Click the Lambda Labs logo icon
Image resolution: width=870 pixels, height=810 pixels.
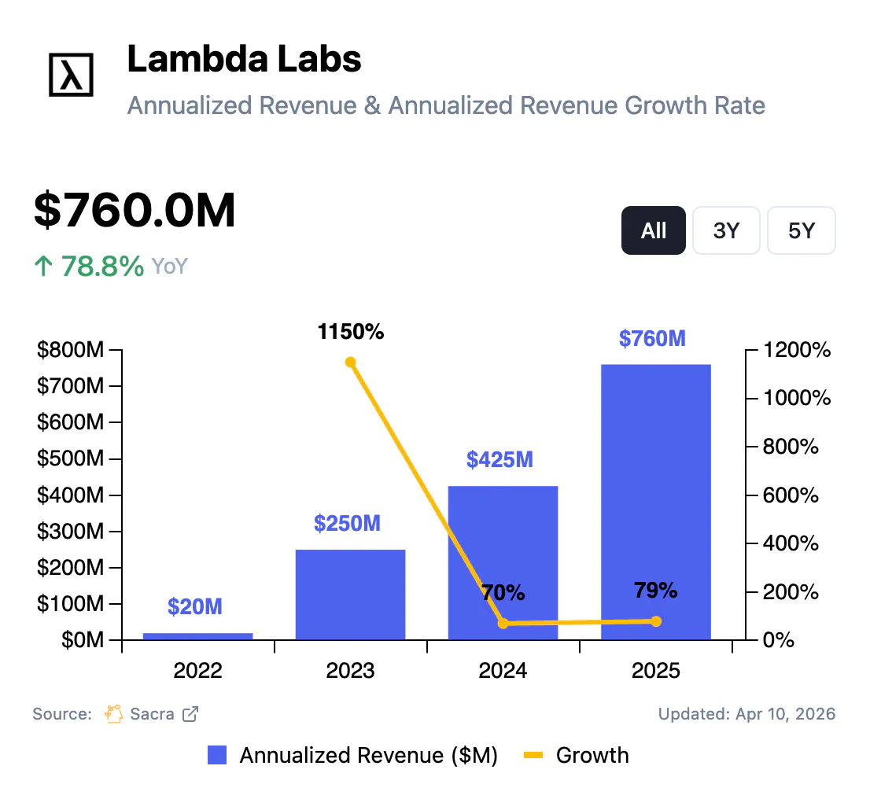(71, 75)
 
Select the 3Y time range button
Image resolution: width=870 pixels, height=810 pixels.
(726, 230)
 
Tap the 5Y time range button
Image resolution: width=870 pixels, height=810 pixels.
(801, 230)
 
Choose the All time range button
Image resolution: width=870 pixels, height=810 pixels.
(654, 230)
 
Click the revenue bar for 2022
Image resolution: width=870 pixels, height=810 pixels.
(197, 635)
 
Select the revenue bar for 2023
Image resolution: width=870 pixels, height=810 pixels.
(350, 594)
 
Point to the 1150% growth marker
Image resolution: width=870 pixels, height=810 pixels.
(350, 363)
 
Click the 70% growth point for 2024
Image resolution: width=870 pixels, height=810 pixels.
(503, 624)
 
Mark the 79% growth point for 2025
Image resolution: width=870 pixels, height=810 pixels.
(655, 621)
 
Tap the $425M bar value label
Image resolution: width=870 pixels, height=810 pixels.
(500, 459)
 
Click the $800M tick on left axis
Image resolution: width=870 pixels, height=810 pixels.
(70, 350)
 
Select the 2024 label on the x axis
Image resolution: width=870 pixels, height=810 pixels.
(503, 671)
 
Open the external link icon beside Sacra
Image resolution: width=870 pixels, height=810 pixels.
(190, 714)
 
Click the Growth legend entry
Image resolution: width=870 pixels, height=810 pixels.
(577, 756)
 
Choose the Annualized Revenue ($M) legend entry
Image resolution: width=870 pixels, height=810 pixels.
(353, 756)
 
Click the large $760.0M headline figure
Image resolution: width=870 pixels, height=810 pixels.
(135, 211)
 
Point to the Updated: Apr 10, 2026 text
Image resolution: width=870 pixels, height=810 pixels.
(747, 714)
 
